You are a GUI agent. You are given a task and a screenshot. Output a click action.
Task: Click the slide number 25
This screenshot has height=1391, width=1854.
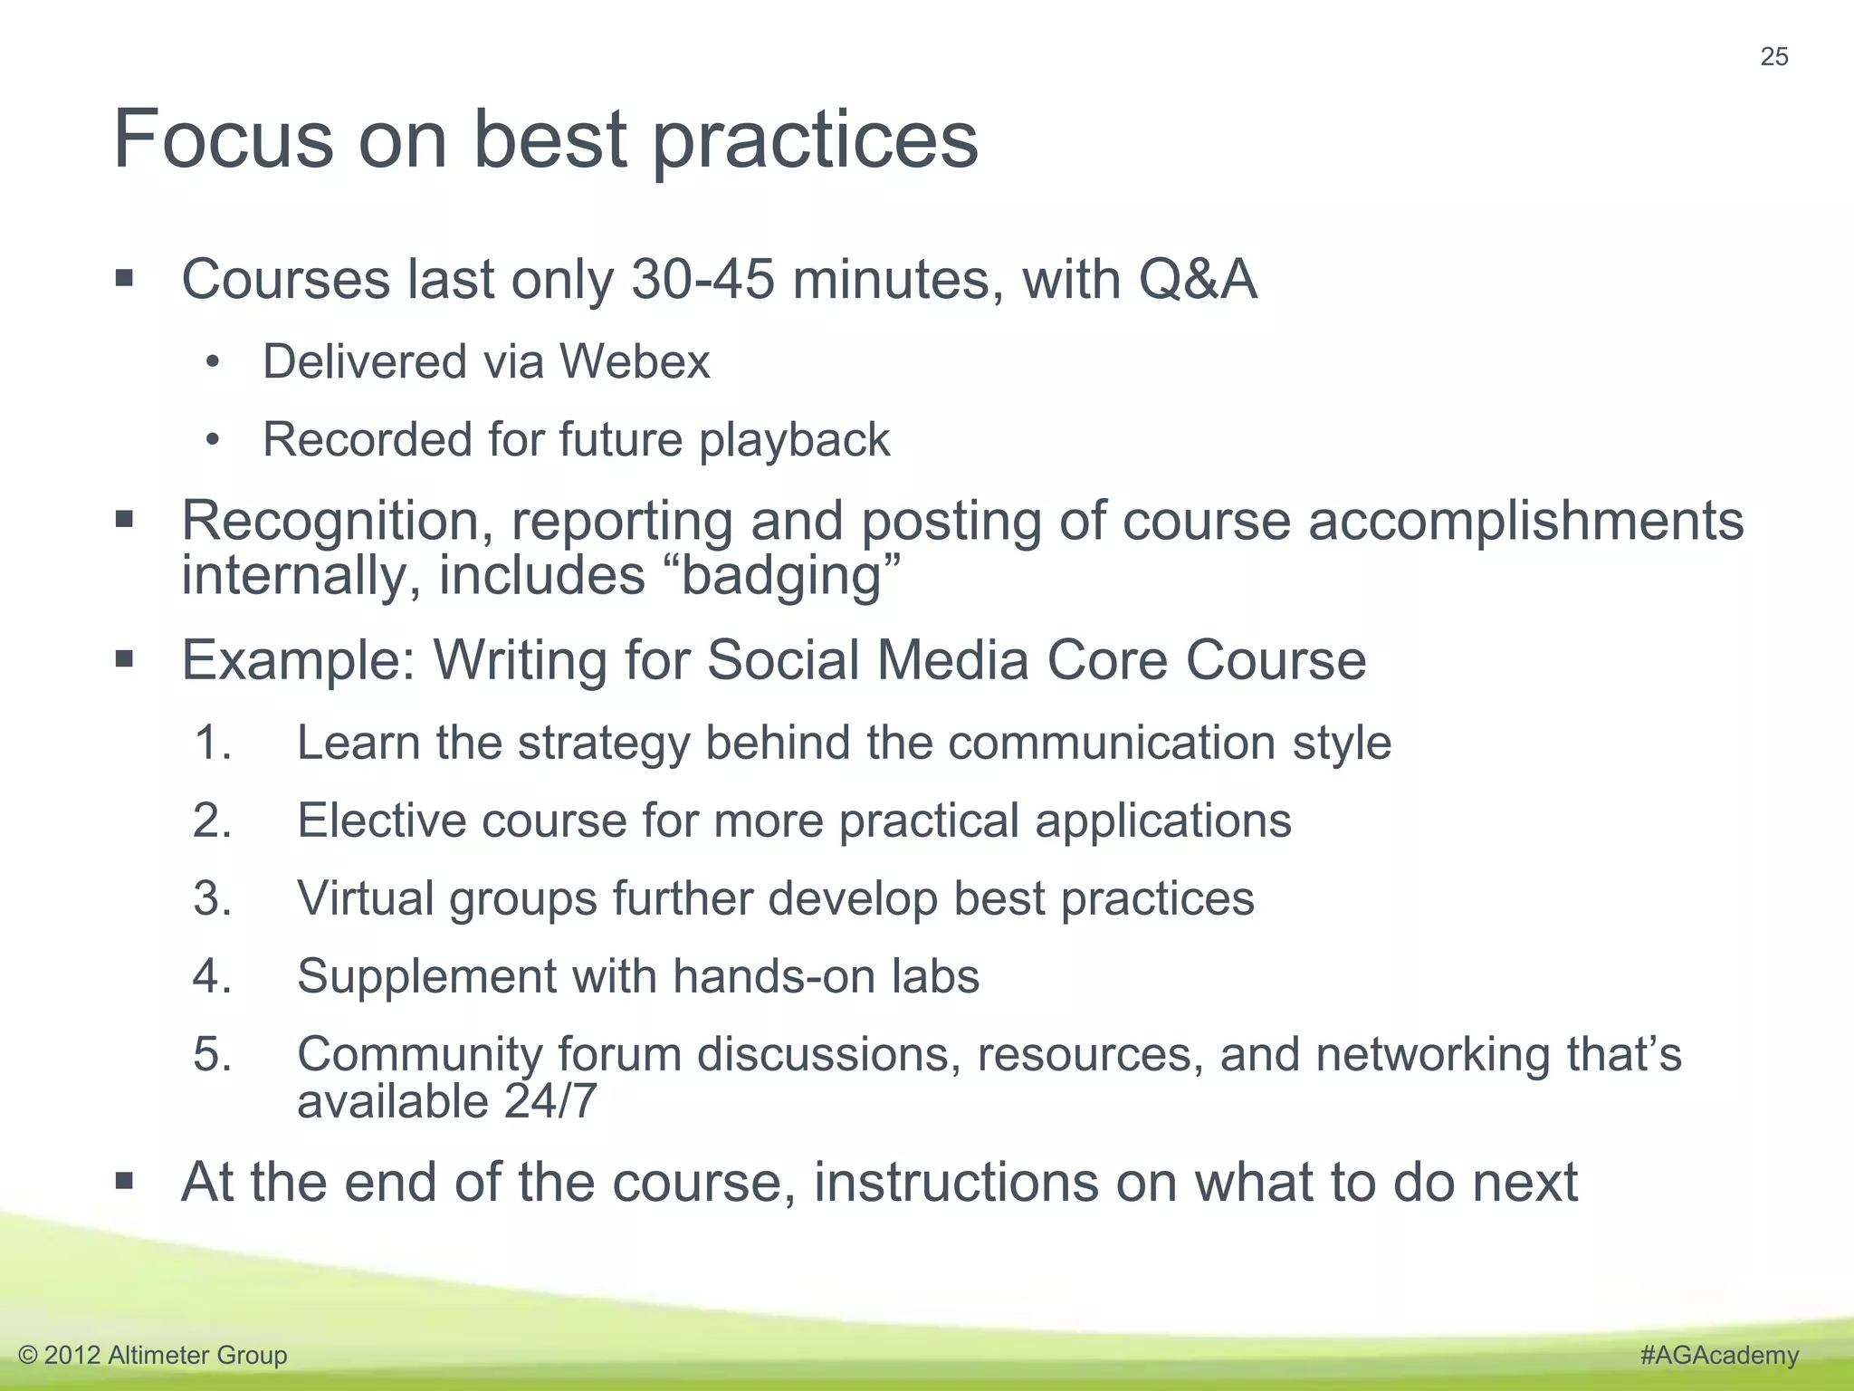point(1773,57)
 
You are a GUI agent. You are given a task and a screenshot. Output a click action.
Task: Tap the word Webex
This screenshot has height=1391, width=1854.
point(635,361)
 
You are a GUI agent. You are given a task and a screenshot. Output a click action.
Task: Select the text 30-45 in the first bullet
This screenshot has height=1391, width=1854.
point(702,279)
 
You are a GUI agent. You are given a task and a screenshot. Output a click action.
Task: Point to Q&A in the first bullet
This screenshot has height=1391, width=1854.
point(1198,279)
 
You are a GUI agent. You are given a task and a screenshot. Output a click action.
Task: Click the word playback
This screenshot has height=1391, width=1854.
point(794,441)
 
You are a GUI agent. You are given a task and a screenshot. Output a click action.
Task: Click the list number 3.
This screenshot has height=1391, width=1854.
point(213,898)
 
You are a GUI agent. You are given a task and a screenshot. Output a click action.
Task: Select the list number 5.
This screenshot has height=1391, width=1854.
point(213,1054)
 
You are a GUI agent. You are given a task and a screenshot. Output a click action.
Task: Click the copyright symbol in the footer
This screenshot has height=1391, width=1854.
point(28,1356)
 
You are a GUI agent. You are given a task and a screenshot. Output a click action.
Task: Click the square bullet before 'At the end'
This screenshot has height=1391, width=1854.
point(125,1181)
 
